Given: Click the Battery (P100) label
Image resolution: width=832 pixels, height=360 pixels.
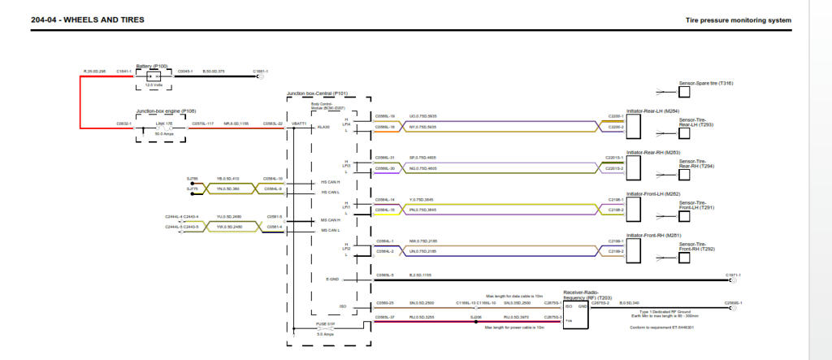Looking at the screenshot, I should pyautogui.click(x=152, y=66).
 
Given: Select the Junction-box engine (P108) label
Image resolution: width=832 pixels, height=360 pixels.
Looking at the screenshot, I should pyautogui.click(x=166, y=111).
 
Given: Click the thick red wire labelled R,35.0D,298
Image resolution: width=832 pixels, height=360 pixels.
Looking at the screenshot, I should pyautogui.click(x=80, y=101).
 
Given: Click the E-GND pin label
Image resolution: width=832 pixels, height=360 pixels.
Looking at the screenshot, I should pyautogui.click(x=331, y=279).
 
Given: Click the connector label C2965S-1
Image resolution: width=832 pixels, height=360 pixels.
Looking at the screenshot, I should pyautogui.click(x=733, y=301).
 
